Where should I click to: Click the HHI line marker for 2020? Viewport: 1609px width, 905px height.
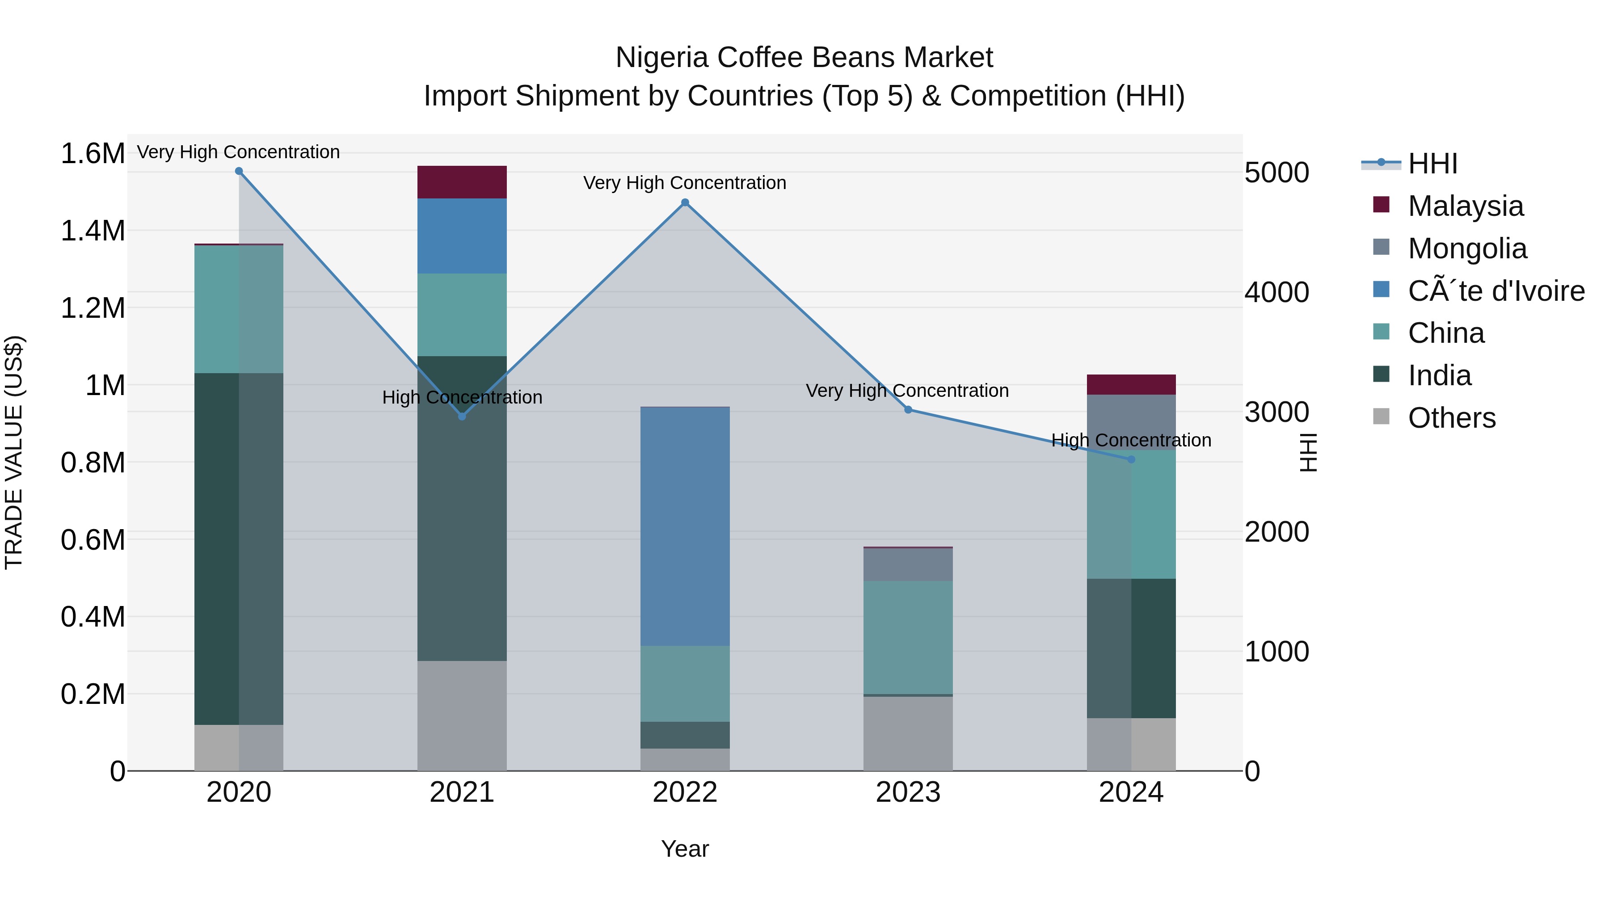point(239,171)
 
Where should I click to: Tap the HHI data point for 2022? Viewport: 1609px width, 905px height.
point(685,202)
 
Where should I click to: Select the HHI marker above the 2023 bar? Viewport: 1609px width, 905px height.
point(908,410)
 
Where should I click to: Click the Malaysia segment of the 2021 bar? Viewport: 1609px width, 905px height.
point(462,182)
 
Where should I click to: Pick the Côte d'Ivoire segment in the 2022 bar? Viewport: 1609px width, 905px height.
point(685,526)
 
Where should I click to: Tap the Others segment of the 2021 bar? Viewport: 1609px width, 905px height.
point(462,716)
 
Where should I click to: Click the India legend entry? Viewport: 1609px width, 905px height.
point(1439,375)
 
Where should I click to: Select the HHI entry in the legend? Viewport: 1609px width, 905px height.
point(1432,164)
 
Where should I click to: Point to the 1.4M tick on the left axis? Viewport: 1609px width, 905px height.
point(93,231)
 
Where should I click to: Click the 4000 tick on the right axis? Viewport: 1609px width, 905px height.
point(1277,292)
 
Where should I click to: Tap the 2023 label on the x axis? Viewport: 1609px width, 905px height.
point(908,792)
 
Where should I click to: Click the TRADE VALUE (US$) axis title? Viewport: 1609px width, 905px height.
point(14,452)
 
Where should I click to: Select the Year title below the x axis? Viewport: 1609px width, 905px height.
point(685,849)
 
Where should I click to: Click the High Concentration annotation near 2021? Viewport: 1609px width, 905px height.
point(462,397)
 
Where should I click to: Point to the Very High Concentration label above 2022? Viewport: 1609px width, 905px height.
point(685,183)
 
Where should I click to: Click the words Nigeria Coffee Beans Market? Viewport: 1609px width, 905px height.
point(804,58)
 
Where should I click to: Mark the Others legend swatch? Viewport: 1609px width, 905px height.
point(1381,417)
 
